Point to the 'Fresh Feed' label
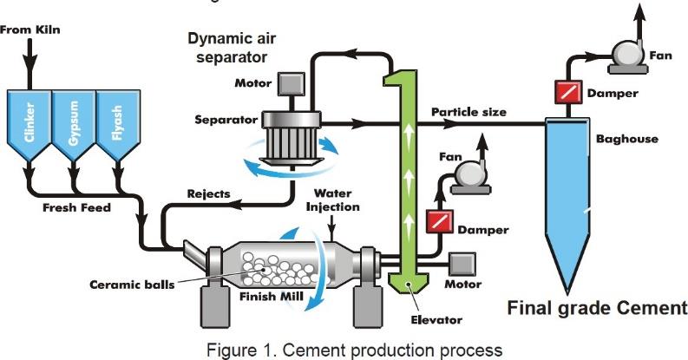click(79, 208)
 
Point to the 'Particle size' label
click(468, 112)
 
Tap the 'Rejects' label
click(209, 193)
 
